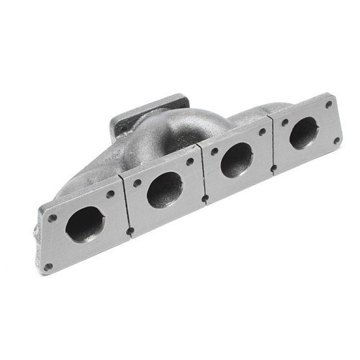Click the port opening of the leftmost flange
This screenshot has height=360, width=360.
point(85,224)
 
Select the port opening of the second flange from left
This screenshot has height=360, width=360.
point(164,190)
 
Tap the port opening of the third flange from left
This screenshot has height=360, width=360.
point(237,159)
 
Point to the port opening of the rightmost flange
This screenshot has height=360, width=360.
point(304,132)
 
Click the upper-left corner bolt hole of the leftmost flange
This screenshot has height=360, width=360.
point(53,217)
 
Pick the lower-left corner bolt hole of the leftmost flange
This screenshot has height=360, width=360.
point(48,266)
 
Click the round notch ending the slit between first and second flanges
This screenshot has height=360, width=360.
point(130,231)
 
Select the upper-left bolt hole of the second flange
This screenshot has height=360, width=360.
point(137,182)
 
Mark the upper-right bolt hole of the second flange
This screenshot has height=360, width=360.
point(189,161)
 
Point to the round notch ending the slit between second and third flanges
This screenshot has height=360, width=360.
point(205,197)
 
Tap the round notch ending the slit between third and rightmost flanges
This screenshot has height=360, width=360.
point(274,168)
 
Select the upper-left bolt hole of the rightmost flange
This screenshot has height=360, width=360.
point(284,122)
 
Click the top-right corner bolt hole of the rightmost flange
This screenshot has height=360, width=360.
point(328,104)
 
